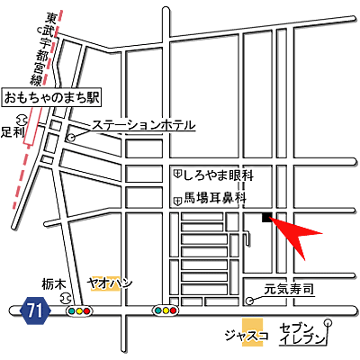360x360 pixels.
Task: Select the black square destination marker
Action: coord(265,217)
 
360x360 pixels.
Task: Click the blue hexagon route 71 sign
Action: coord(35,310)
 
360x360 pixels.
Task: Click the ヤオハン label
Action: coord(110,283)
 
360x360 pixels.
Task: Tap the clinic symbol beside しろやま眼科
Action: coord(177,172)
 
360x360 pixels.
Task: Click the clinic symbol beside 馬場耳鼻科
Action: coord(177,198)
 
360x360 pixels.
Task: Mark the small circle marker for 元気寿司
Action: coord(249,299)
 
